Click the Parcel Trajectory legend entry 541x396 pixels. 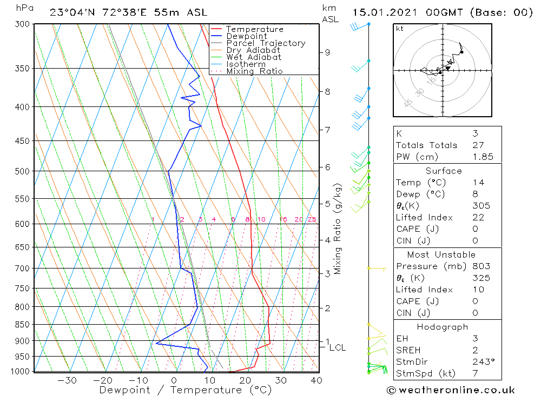(x=265, y=43)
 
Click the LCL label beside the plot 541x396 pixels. (x=337, y=347)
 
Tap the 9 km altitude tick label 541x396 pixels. (x=327, y=52)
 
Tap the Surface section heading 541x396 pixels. (x=444, y=171)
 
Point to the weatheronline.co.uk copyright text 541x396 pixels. (x=451, y=390)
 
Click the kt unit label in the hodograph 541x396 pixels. (x=400, y=29)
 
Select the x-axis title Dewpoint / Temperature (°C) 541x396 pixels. (x=185, y=390)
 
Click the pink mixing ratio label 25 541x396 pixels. (x=312, y=219)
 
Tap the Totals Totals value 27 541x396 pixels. (x=476, y=145)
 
